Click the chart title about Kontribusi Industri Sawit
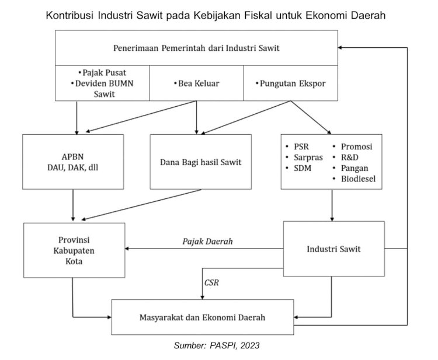click(x=215, y=15)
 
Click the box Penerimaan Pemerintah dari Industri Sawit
click(x=196, y=48)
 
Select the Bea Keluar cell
click(x=196, y=83)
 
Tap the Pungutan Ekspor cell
click(x=290, y=83)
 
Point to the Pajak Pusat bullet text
click(x=102, y=73)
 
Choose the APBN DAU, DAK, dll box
click(x=73, y=162)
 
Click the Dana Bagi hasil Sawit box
click(x=200, y=162)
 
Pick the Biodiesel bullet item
click(x=354, y=179)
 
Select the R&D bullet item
click(x=346, y=158)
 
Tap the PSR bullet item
click(x=297, y=147)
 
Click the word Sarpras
click(x=308, y=158)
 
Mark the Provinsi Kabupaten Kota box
click(x=74, y=250)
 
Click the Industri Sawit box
click(x=334, y=249)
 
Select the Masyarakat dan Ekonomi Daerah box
click(x=203, y=317)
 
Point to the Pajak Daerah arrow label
click(x=207, y=242)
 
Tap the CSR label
click(x=211, y=283)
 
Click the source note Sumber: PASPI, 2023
click(x=217, y=345)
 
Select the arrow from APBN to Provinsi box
click(x=73, y=205)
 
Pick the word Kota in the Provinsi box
click(x=74, y=261)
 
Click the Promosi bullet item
click(x=353, y=147)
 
